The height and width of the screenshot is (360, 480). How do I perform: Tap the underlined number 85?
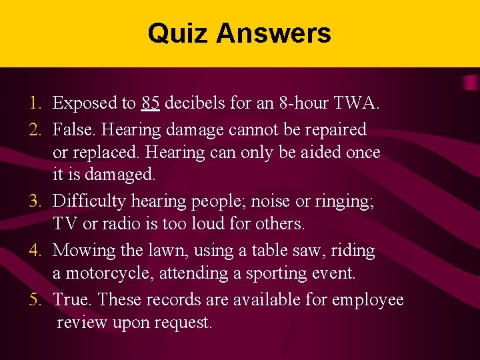150,103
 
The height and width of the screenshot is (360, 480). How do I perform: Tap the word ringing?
346,201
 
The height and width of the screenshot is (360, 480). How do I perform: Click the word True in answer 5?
71,299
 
